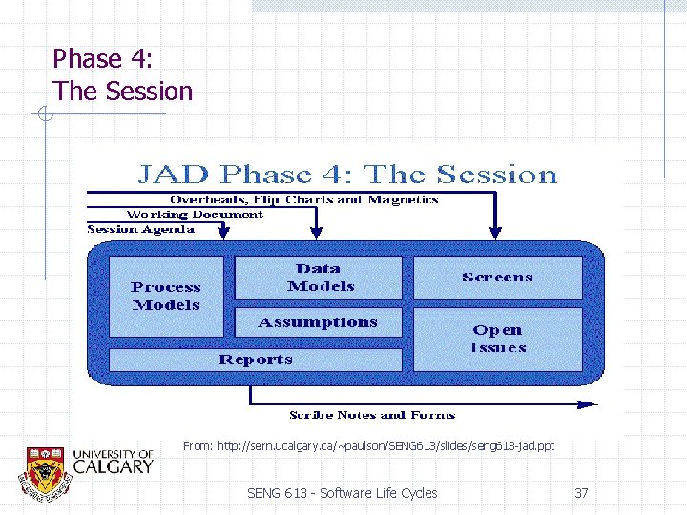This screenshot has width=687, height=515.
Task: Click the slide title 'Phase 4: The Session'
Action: (122, 75)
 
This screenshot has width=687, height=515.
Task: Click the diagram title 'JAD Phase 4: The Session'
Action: (346, 175)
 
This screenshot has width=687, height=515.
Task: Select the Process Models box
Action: (166, 296)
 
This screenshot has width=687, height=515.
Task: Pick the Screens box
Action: (497, 278)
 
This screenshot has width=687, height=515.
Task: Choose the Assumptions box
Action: (318, 322)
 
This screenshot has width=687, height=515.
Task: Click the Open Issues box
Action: (497, 338)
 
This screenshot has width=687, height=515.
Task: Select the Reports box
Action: (255, 360)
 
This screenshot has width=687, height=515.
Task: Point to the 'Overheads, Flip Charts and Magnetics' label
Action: (303, 200)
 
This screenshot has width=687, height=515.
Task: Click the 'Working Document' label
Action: (195, 215)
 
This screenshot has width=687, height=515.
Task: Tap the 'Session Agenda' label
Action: (141, 229)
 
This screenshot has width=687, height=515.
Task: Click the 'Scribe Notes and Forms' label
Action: (372, 415)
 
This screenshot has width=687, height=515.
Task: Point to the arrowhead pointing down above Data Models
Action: (316, 232)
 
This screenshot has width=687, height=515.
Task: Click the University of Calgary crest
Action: (44, 469)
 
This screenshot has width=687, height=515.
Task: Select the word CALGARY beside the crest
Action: (113, 466)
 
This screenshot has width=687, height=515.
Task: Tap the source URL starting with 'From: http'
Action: (368, 445)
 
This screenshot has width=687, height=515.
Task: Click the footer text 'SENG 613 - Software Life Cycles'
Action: (342, 493)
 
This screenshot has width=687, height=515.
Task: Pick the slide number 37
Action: (581, 493)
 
